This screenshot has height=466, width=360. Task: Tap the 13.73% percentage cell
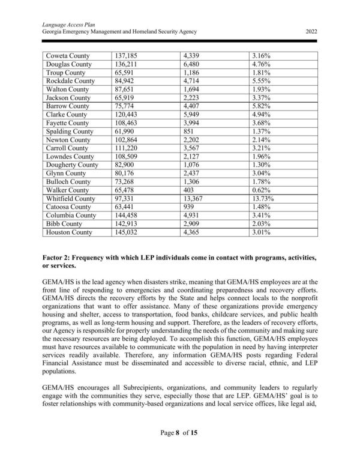(x=263, y=198)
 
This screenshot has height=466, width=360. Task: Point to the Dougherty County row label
(x=72, y=165)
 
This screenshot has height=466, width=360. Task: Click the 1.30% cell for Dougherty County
(x=262, y=165)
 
